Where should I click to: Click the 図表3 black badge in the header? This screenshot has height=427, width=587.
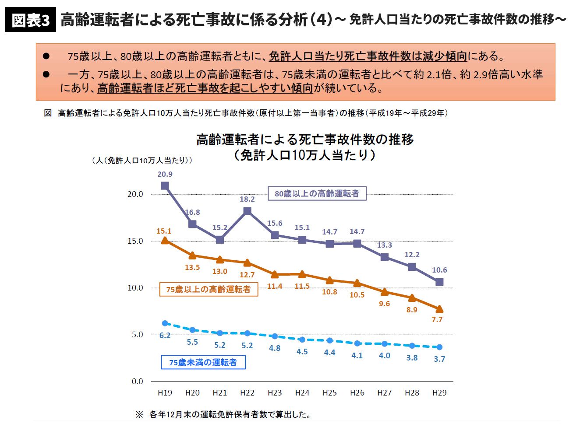pos(31,20)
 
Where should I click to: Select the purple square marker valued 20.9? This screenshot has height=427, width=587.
pos(165,185)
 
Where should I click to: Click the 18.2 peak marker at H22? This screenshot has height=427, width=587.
pos(247,211)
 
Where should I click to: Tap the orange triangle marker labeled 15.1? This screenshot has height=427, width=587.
pos(165,240)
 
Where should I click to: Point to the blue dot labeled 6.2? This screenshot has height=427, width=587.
pos(165,323)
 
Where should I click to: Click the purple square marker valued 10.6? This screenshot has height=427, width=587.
pos(439,282)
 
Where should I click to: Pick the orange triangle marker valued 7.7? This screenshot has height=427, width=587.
pos(439,309)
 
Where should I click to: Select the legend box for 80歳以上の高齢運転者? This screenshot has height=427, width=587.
pos(317,193)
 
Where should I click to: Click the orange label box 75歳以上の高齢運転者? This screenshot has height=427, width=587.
pos(209,289)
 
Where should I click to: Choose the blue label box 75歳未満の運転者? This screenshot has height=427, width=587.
pos(203,362)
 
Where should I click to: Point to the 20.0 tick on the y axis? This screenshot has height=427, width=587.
pos(135,194)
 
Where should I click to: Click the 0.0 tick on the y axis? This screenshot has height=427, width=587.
pos(137,381)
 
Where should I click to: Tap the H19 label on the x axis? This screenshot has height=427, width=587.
pos(165,393)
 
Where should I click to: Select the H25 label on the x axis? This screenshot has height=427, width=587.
pos(329,393)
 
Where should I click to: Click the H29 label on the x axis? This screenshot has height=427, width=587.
pos(439,393)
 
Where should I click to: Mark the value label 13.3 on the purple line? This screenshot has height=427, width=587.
pos(384,245)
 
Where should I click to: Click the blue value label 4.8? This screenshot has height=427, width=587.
pos(275,348)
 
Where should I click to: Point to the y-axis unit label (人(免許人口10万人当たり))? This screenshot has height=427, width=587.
pos(142,161)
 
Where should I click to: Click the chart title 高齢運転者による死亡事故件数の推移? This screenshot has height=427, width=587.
pos(305,140)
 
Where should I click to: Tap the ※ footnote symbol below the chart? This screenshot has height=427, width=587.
pos(139,414)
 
